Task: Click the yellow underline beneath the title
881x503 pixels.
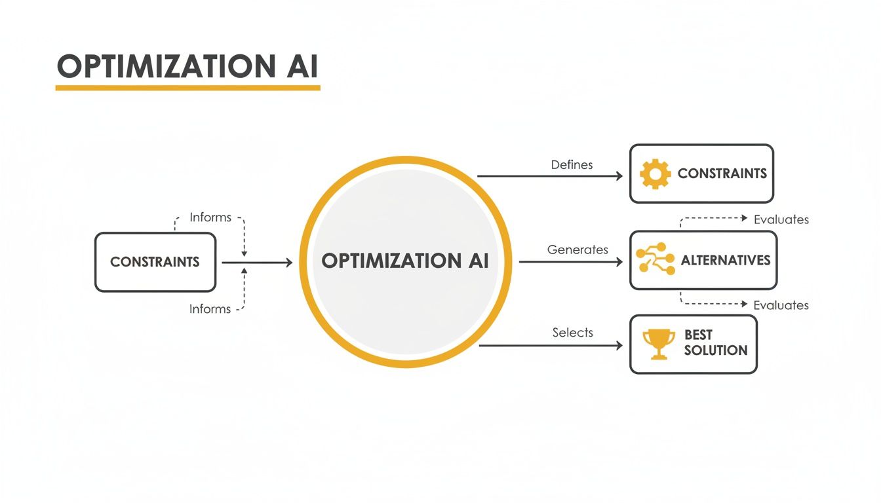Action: (x=187, y=86)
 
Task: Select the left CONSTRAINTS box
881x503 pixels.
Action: (x=155, y=262)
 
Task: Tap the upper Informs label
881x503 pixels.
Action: (x=210, y=217)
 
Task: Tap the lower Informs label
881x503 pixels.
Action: (x=210, y=308)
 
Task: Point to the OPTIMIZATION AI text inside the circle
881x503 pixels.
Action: (x=405, y=261)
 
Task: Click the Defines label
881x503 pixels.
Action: (x=572, y=165)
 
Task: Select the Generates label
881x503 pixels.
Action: (x=578, y=250)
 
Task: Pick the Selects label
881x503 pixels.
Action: (x=572, y=333)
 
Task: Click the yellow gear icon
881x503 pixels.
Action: (x=655, y=174)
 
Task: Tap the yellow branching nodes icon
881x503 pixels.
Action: (x=655, y=259)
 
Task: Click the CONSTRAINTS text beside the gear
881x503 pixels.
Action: (x=722, y=174)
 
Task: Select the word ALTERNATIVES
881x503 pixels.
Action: (x=726, y=260)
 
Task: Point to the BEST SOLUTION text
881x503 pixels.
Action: (x=715, y=343)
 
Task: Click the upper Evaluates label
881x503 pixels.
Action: (x=781, y=219)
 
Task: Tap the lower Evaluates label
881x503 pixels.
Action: (x=781, y=305)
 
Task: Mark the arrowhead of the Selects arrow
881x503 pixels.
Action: (x=618, y=345)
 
